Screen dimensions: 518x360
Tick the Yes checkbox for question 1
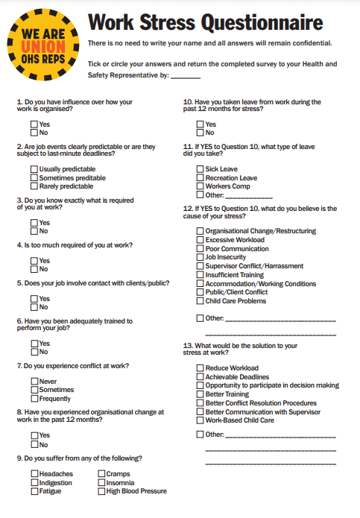click(34, 124)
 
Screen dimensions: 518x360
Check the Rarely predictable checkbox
click(34, 186)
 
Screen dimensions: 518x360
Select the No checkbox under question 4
click(34, 269)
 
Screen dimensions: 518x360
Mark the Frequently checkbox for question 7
click(34, 398)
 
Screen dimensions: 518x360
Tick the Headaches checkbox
click(34, 474)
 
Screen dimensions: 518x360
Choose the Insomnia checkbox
click(101, 483)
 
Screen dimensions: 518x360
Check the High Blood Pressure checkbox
click(101, 491)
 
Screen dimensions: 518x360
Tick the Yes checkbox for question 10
click(200, 124)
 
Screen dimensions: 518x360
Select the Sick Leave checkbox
click(200, 169)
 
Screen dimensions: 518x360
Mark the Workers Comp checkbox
click(200, 186)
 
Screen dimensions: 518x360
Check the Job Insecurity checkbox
click(200, 257)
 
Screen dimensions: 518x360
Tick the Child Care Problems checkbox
click(200, 301)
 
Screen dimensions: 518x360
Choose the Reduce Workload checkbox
click(200, 368)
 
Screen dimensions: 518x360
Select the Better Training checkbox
click(200, 394)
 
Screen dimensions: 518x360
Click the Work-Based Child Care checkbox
click(200, 420)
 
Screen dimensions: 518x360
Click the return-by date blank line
click(186, 76)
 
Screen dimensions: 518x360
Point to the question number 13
click(187, 346)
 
